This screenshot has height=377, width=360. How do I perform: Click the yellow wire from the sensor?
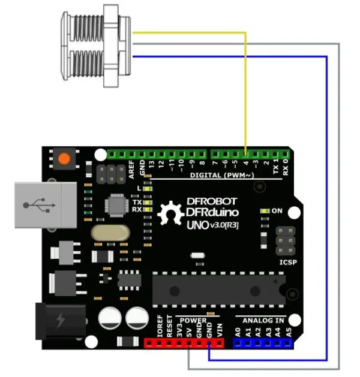[x=246, y=90]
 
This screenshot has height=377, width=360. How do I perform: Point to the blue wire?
[x=326, y=210]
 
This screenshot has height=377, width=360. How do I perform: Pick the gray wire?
[x=340, y=210]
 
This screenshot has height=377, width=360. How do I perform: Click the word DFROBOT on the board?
[x=212, y=201]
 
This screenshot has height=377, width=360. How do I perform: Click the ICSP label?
[x=289, y=262]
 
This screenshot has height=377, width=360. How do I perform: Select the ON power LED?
[x=264, y=212]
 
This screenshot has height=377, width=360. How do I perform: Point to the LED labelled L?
[x=146, y=189]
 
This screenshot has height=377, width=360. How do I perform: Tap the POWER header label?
[x=193, y=320]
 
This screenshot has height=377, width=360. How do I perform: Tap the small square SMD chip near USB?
[x=116, y=204]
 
